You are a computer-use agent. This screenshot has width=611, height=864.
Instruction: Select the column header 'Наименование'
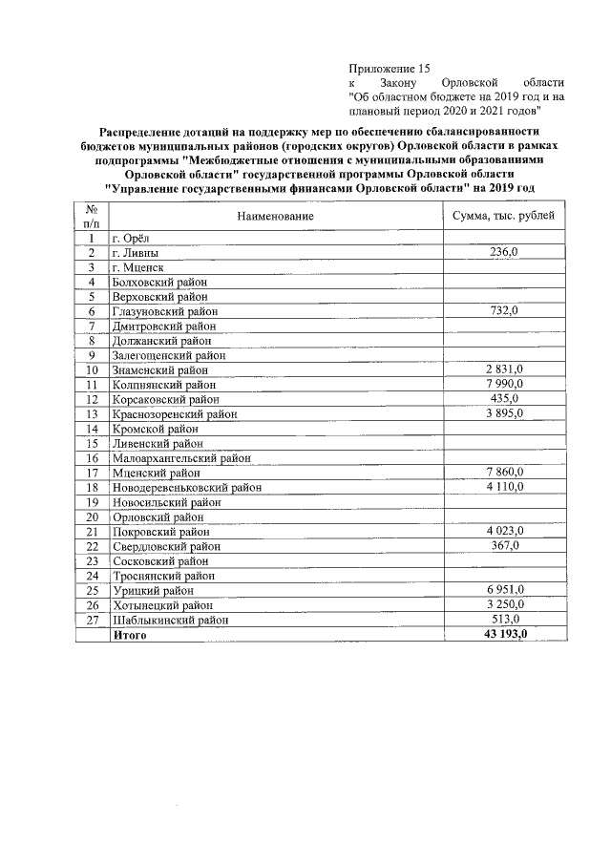click(x=276, y=218)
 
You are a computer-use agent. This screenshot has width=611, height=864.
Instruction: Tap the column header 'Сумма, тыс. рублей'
click(x=502, y=218)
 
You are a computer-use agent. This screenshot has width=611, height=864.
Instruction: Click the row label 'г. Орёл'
click(x=133, y=239)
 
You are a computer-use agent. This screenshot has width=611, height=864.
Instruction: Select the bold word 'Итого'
click(x=130, y=635)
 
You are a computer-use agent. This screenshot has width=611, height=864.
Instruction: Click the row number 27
click(x=92, y=620)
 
